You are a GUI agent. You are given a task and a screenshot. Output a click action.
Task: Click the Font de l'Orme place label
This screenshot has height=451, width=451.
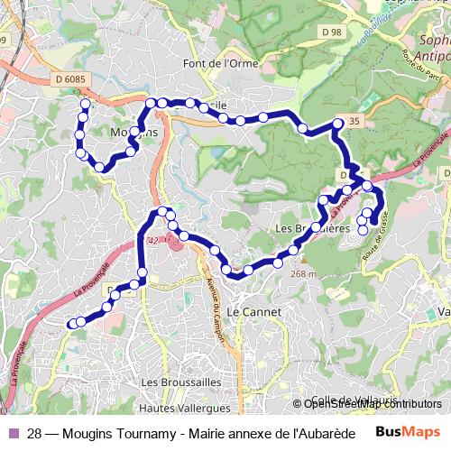click(x=220, y=63)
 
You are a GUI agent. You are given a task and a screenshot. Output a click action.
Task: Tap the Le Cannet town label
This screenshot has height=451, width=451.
click(x=253, y=311)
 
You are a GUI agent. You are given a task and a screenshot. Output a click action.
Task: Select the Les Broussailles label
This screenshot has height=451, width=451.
click(x=181, y=382)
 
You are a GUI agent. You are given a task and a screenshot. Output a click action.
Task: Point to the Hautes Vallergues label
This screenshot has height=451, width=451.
click(x=186, y=408)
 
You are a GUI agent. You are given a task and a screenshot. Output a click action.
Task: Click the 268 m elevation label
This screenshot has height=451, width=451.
click(x=305, y=273)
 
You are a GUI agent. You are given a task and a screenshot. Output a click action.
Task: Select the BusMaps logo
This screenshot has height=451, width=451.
click(x=408, y=432)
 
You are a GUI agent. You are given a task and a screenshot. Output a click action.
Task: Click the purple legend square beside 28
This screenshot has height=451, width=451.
click(x=13, y=433)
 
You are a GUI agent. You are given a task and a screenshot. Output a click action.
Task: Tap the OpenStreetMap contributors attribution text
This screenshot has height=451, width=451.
click(x=373, y=404)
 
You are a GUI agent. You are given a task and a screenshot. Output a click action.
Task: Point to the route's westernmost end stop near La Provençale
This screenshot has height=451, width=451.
click(x=72, y=324)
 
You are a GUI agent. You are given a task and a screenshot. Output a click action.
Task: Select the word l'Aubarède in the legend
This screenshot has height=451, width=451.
click(x=320, y=433)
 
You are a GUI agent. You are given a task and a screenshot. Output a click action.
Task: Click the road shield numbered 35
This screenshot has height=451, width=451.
click(x=351, y=122)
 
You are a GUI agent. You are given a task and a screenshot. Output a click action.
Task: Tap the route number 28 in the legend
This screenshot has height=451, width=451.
click(x=34, y=433)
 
